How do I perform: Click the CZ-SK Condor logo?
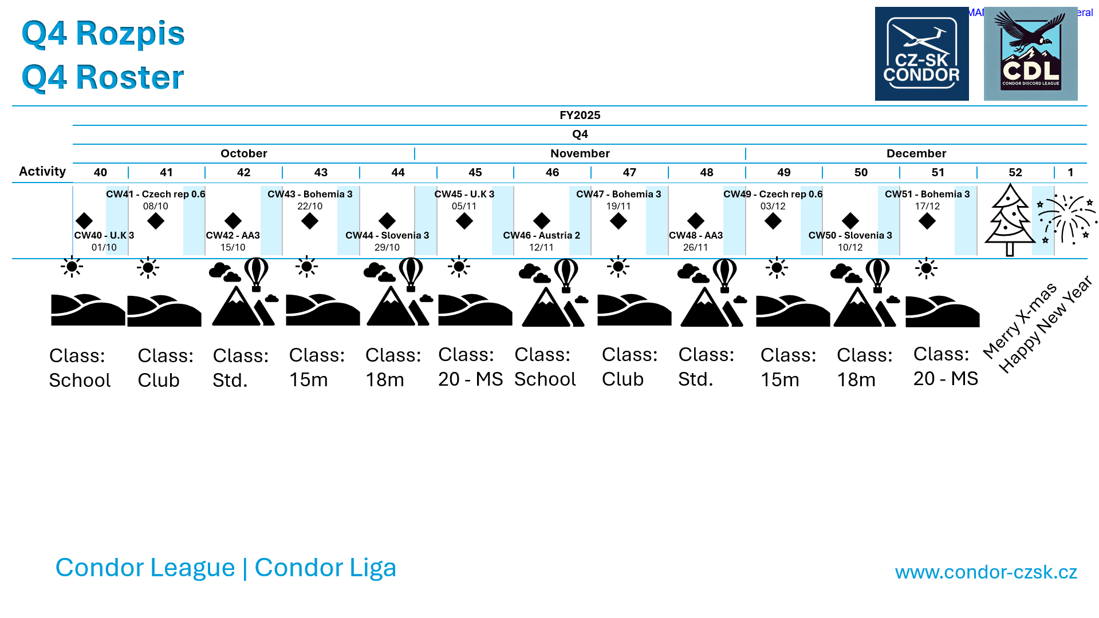click(x=921, y=54)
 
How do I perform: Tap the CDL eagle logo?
click(x=1030, y=54)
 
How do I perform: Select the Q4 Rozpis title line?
click(x=103, y=33)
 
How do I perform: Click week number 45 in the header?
click(x=475, y=172)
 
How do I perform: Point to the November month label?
click(x=580, y=153)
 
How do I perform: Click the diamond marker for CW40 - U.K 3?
click(x=84, y=220)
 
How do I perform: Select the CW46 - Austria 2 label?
click(x=541, y=235)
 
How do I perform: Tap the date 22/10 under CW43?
click(x=310, y=206)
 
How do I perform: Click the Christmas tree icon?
click(x=1010, y=220)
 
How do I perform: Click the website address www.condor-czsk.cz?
click(x=986, y=572)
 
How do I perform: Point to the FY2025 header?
click(x=580, y=115)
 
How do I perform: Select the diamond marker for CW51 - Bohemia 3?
click(x=927, y=220)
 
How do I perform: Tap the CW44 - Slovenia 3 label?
click(x=387, y=235)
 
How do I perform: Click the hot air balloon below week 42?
click(x=256, y=274)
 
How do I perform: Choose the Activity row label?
click(x=42, y=172)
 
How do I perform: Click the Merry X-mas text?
click(x=1019, y=319)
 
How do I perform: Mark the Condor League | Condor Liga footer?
click(x=226, y=567)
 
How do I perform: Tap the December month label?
click(x=916, y=153)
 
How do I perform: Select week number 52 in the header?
click(x=1015, y=172)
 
